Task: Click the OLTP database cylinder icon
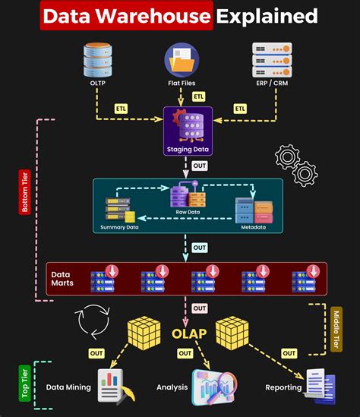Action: pyautogui.click(x=98, y=60)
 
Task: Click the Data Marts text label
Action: pyautogui.click(x=62, y=279)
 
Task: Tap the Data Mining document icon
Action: pyautogui.click(x=112, y=387)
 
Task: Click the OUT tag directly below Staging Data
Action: pyautogui.click(x=199, y=166)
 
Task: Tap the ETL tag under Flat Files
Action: pyautogui.click(x=199, y=96)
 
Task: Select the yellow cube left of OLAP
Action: pyautogui.click(x=144, y=331)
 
